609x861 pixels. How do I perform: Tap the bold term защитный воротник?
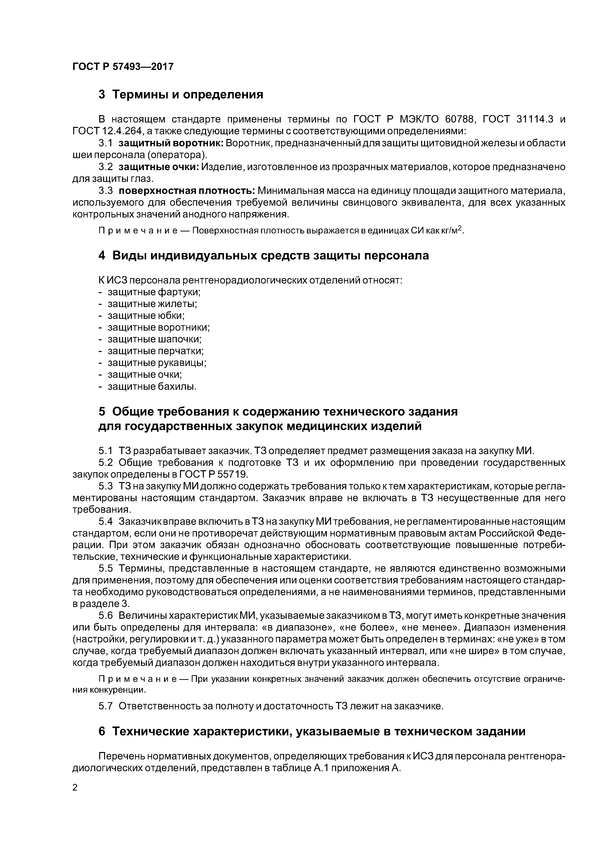click(x=171, y=143)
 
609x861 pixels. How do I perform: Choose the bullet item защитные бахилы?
click(x=152, y=386)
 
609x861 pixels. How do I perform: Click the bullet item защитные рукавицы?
click(x=157, y=363)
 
